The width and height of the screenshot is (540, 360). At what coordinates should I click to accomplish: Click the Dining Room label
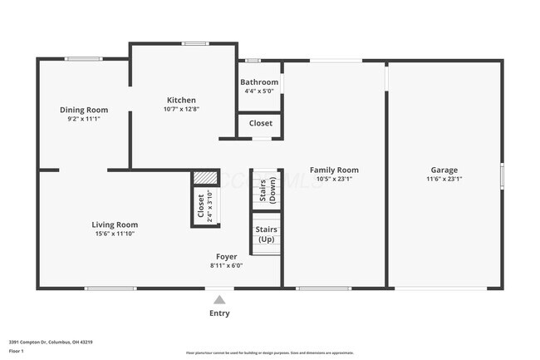(x=84, y=110)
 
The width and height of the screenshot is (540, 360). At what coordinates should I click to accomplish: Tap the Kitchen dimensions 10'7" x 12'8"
(x=181, y=109)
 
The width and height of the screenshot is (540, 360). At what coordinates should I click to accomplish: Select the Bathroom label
(x=259, y=82)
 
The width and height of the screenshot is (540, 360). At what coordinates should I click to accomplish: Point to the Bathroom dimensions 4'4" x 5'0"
(x=259, y=91)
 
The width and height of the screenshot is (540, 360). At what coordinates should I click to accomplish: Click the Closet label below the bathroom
(x=260, y=123)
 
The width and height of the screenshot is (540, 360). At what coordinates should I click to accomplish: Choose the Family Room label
(x=332, y=170)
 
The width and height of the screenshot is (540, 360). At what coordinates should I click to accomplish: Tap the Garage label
(x=444, y=170)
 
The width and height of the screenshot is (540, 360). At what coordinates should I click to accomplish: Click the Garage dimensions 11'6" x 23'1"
(x=444, y=178)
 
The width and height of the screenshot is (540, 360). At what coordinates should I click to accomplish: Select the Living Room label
(x=115, y=224)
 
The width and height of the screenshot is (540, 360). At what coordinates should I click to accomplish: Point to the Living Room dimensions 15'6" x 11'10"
(x=115, y=234)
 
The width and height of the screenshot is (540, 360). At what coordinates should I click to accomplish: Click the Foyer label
(x=226, y=257)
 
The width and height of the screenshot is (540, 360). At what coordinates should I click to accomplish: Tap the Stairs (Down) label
(x=267, y=191)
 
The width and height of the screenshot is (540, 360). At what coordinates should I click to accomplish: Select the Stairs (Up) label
(x=266, y=234)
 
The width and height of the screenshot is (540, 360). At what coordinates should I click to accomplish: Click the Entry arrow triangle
(x=218, y=299)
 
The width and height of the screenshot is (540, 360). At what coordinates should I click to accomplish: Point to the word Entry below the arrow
(x=218, y=313)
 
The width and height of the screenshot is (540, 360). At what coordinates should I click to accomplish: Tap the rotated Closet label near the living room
(x=200, y=207)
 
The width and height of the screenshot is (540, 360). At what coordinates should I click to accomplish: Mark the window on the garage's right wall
(x=501, y=176)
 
